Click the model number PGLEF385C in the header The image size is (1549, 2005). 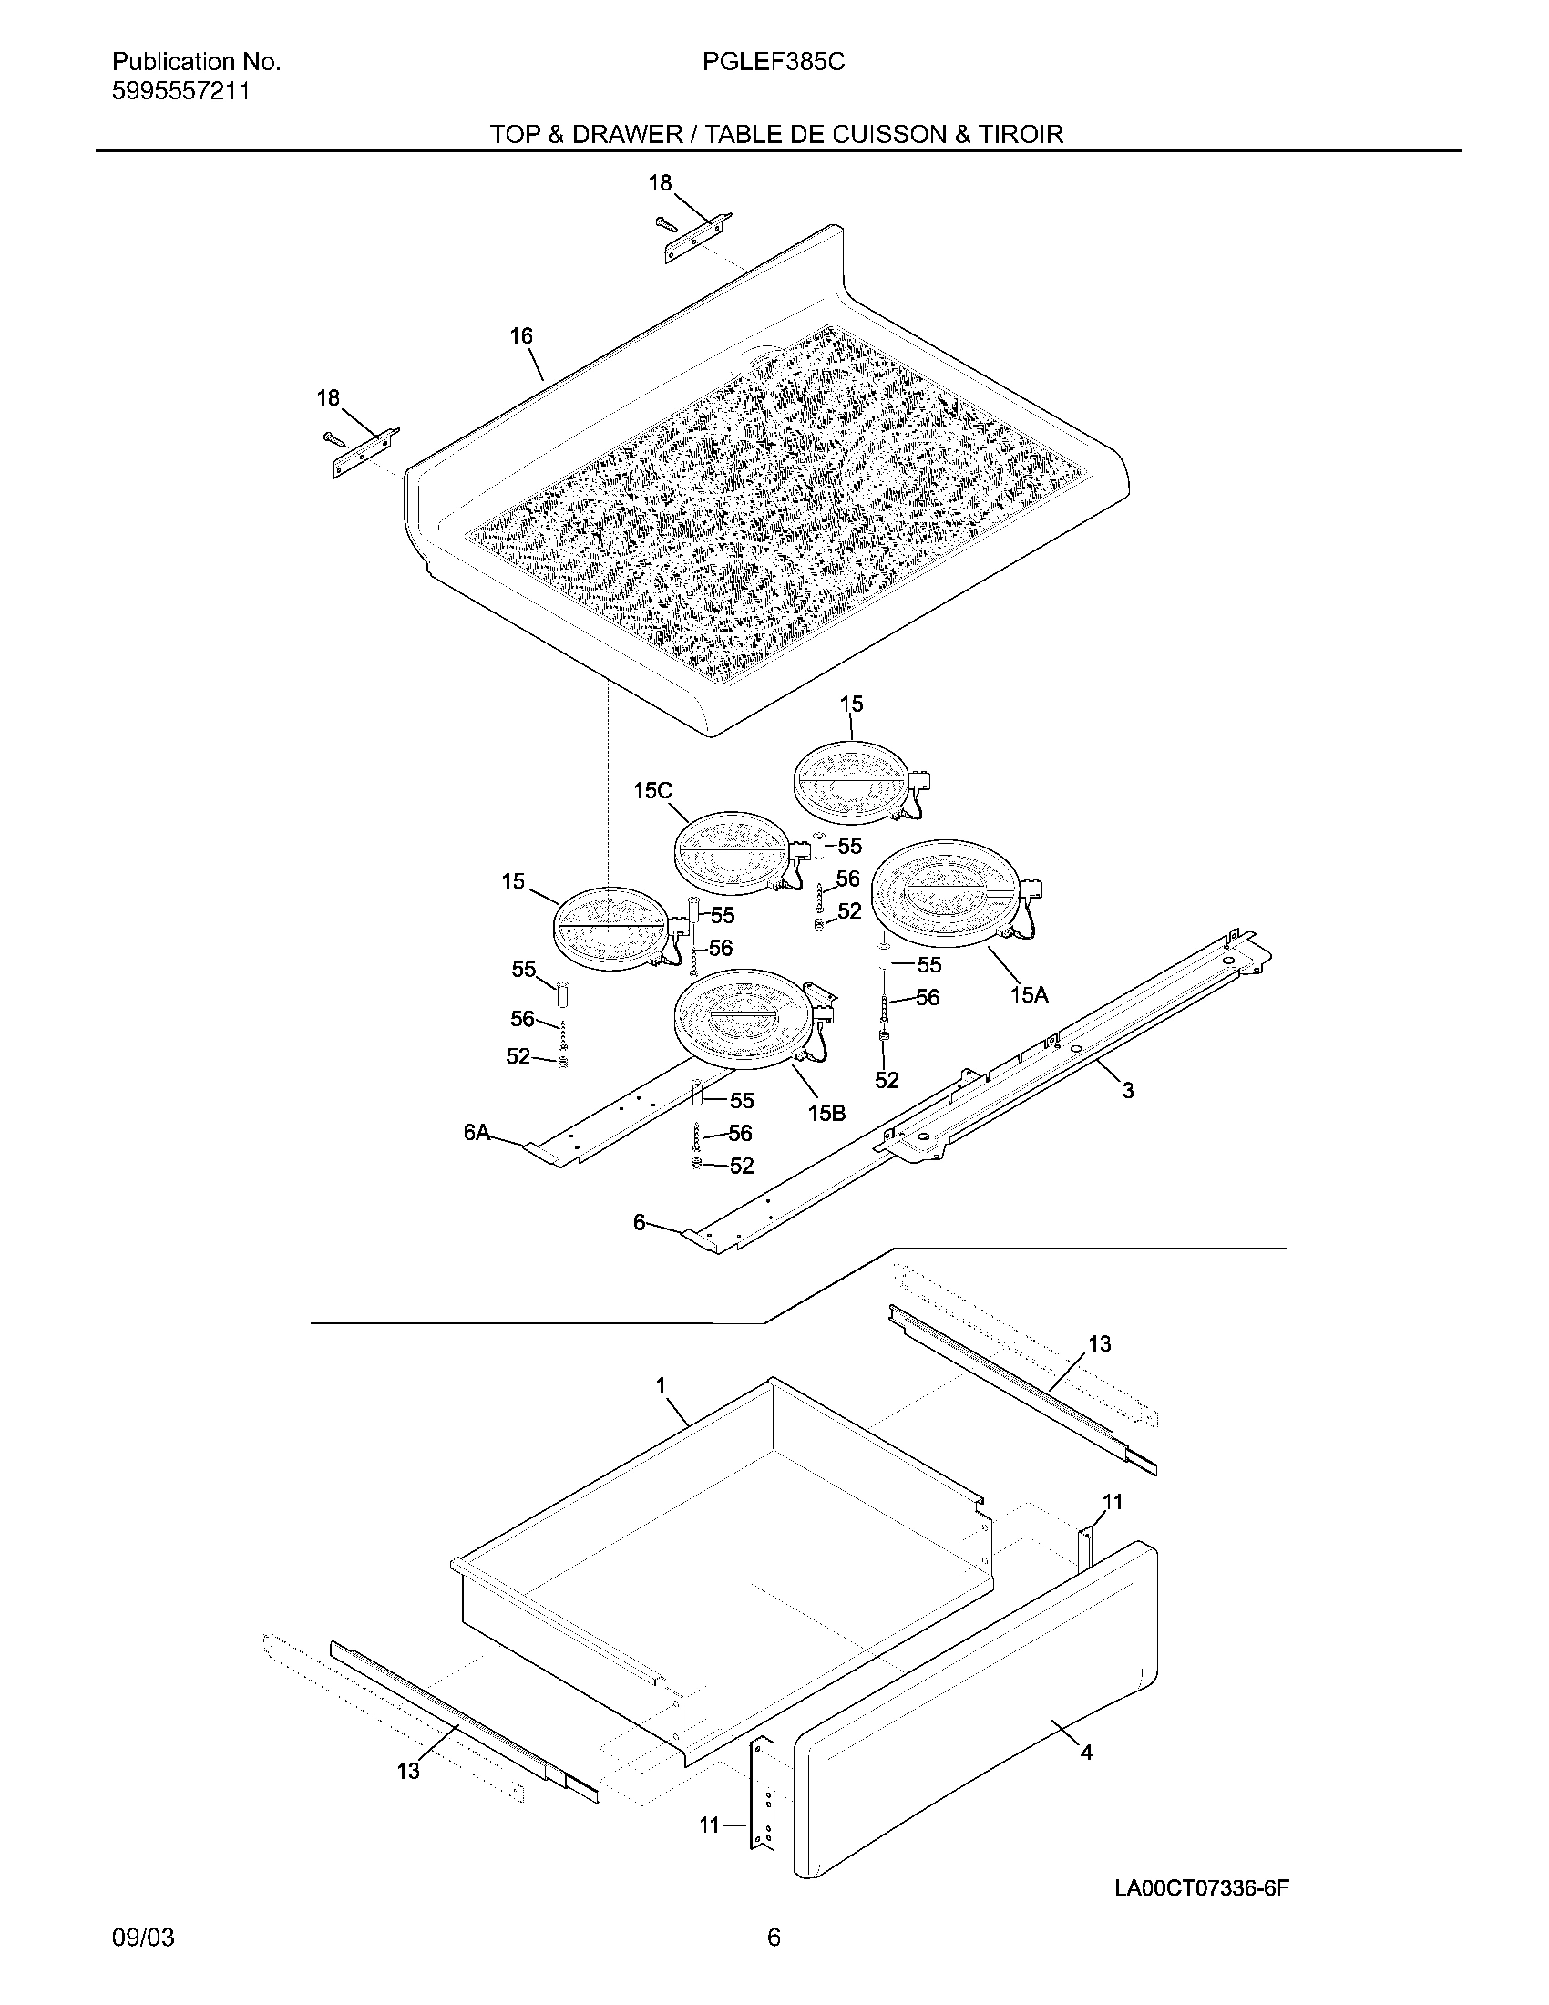(773, 62)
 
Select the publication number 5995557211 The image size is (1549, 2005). (180, 92)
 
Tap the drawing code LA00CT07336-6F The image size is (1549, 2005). (1202, 1863)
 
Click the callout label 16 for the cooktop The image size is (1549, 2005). (521, 337)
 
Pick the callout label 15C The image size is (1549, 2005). (652, 791)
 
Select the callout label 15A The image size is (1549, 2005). (1029, 994)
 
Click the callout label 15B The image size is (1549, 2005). (826, 1113)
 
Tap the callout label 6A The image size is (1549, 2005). (477, 1133)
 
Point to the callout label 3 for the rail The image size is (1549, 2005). (1128, 1091)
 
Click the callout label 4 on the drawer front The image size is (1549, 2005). (1086, 1753)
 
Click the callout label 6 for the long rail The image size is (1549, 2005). (640, 1222)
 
